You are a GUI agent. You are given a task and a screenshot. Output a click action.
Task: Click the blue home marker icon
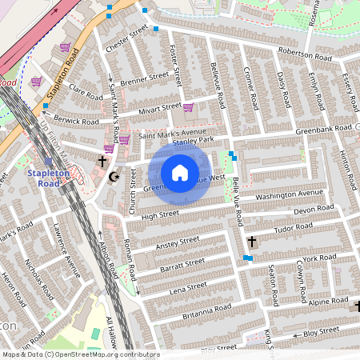180,172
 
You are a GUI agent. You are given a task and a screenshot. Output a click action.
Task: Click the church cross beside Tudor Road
252,241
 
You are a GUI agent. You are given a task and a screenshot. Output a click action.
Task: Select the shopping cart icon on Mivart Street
187,108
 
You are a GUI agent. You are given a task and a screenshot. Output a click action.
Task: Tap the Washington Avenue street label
289,194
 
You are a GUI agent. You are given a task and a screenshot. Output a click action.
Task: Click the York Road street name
320,258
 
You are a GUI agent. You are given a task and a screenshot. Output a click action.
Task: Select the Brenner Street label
145,78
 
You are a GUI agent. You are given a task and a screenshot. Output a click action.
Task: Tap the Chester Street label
127,38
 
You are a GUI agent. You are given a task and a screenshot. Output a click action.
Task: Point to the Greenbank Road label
323,127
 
